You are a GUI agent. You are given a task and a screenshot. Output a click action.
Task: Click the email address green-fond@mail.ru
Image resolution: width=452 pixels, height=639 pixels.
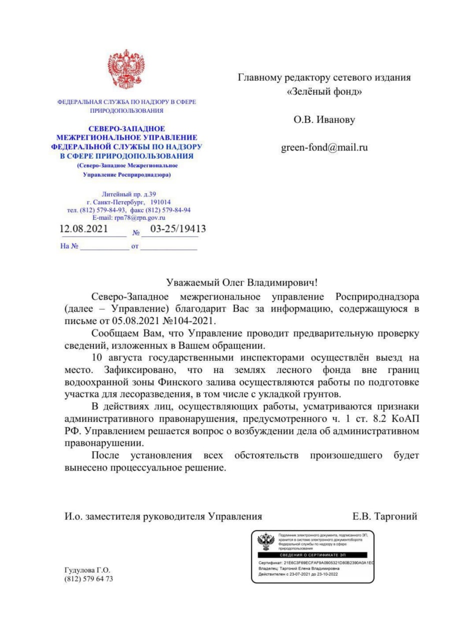(324, 148)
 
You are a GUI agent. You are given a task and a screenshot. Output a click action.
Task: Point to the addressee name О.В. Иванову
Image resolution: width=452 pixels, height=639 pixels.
(324, 120)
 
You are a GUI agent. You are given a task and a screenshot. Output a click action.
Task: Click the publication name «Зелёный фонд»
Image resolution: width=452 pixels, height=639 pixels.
(324, 92)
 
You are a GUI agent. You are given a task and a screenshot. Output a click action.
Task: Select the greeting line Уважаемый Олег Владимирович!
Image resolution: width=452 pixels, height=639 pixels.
(241, 283)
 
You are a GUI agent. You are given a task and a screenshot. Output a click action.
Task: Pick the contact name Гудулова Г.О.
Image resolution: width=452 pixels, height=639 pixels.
(87, 570)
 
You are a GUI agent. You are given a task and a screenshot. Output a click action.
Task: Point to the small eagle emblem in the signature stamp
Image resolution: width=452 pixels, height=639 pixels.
(265, 542)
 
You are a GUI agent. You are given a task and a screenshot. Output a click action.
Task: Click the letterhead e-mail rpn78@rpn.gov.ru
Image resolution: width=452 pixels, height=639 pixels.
(128, 218)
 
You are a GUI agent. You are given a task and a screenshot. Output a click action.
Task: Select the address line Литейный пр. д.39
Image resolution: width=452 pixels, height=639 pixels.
(129, 194)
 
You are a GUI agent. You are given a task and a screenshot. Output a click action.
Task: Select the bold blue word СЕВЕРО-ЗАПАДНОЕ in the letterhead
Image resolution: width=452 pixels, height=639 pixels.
(127, 128)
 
